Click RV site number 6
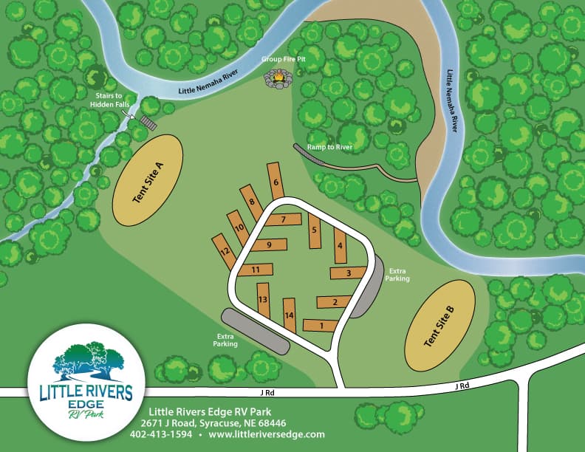tap(276, 181)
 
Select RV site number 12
tap(224, 251)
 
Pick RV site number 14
tap(290, 315)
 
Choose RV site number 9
tap(271, 244)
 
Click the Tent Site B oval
tap(439, 326)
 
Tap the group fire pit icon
tap(278, 77)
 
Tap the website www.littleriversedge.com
tap(267, 434)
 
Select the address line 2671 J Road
tap(217, 423)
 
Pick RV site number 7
tap(283, 219)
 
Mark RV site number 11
tap(256, 270)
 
